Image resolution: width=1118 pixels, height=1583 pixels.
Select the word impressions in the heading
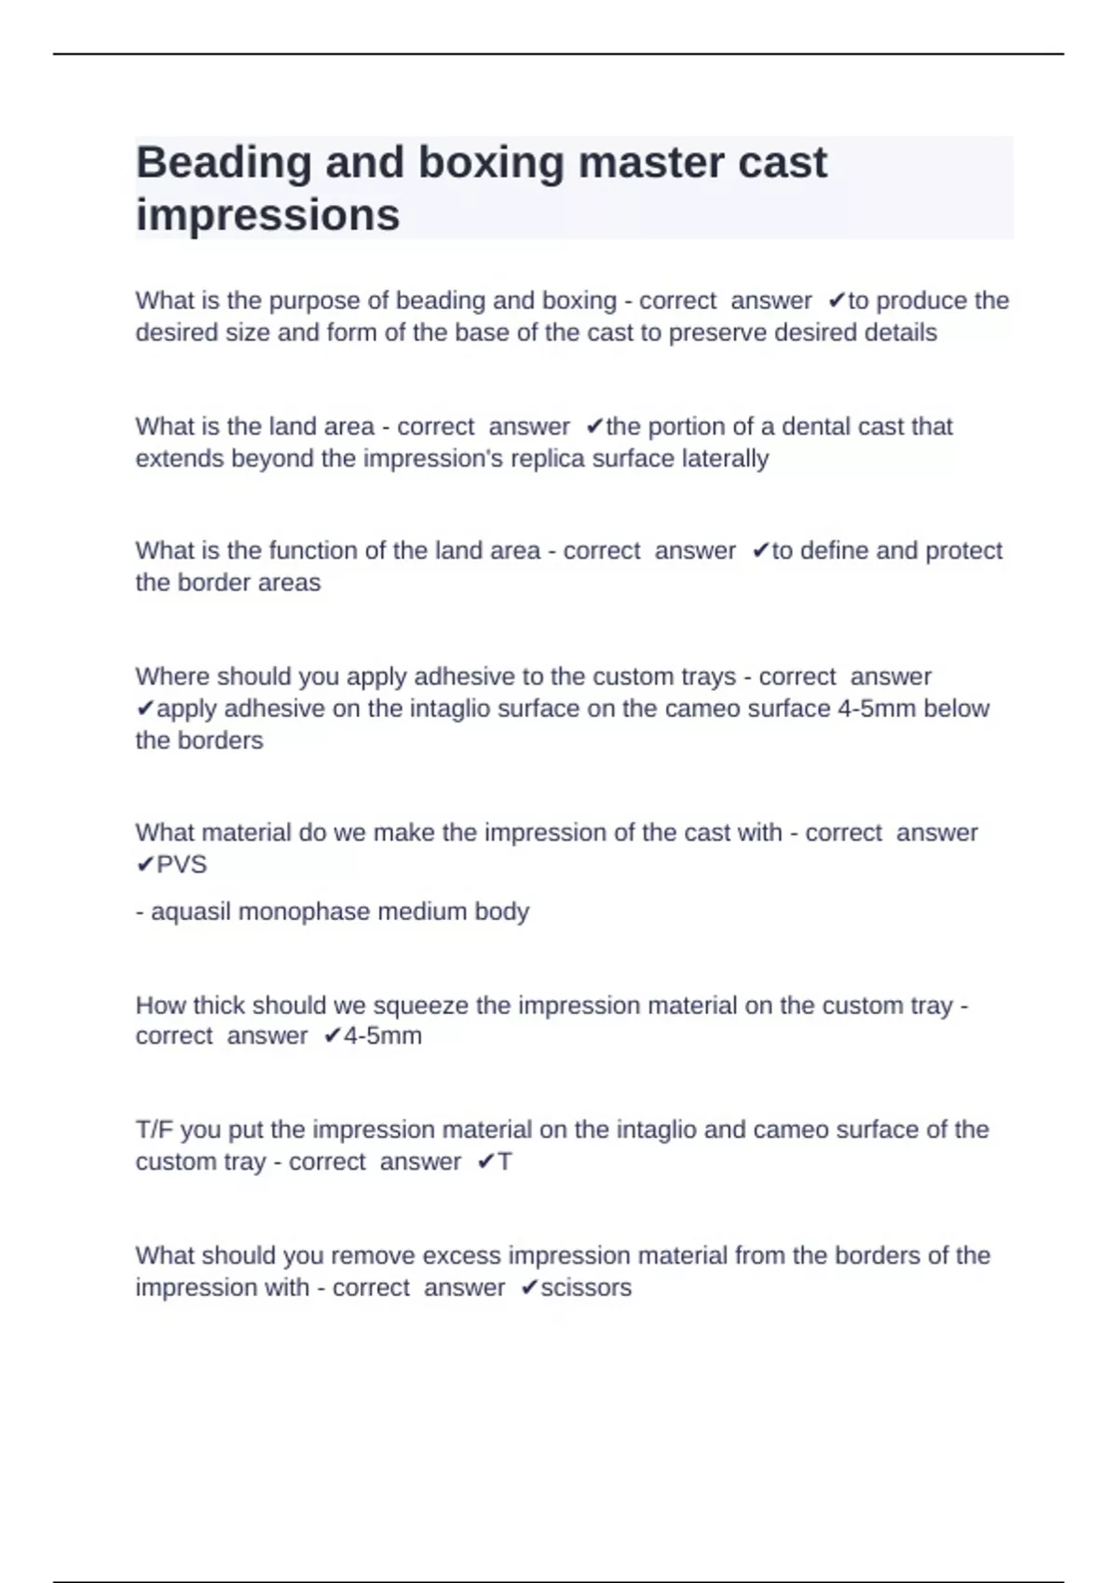tap(267, 215)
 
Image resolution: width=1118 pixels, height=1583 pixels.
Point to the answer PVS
tap(182, 865)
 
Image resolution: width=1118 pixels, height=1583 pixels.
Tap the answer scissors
tap(586, 1288)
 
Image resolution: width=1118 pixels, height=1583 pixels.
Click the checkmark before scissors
tap(529, 1288)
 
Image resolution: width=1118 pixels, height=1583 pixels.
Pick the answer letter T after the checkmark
tap(505, 1162)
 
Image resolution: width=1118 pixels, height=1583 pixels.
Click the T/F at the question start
tap(155, 1130)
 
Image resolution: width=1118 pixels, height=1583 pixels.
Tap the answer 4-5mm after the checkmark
tap(383, 1036)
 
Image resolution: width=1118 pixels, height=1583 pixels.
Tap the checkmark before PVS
tap(144, 865)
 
